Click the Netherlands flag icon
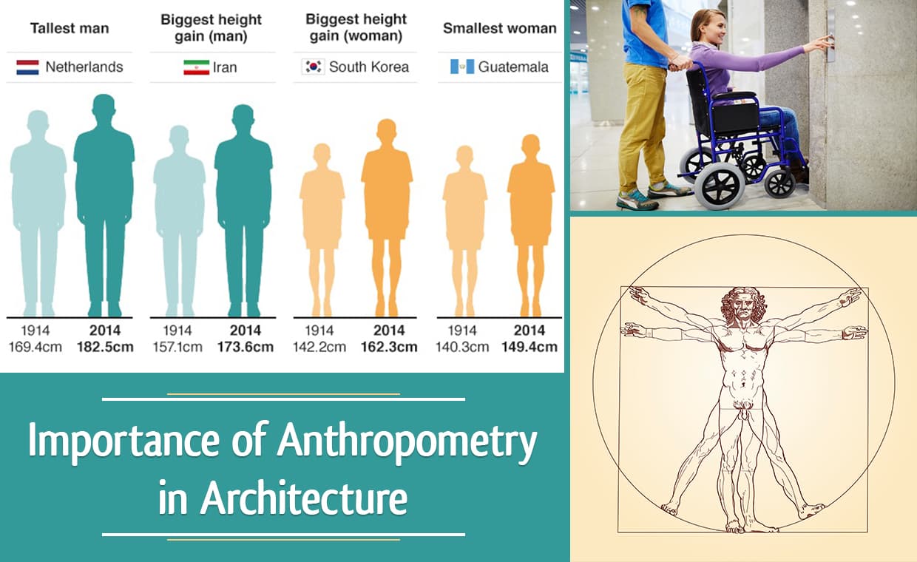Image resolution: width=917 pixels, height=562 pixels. click(28, 67)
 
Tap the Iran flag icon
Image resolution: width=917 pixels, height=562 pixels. click(196, 67)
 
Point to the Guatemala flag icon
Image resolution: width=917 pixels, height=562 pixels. click(461, 67)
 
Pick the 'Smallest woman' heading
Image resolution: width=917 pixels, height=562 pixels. click(499, 28)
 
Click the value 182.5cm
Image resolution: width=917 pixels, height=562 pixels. click(105, 347)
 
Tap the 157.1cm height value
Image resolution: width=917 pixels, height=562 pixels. click(177, 347)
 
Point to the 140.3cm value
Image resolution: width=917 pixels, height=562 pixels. click(463, 347)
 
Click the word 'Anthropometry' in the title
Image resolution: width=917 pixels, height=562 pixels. click(407, 443)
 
